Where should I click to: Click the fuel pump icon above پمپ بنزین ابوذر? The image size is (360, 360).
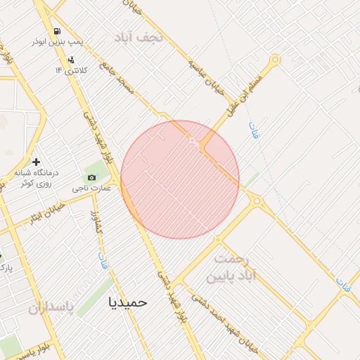(x=57, y=32)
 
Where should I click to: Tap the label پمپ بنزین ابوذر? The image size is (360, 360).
(x=57, y=42)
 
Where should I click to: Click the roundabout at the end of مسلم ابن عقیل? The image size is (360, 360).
(x=276, y=60)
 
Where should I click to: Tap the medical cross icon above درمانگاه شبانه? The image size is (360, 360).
(x=36, y=162)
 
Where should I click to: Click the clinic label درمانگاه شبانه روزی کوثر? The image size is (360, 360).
(x=36, y=177)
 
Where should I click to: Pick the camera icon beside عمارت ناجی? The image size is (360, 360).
(x=91, y=177)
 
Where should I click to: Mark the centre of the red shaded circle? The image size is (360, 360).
(x=180, y=179)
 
